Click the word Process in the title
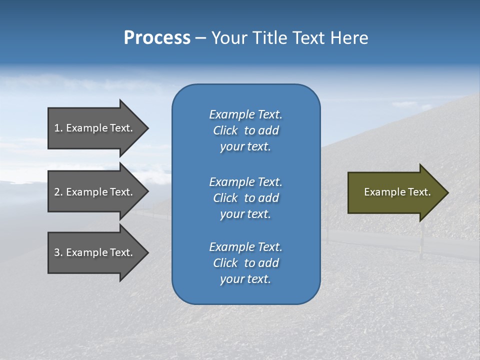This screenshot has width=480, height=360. click(x=157, y=38)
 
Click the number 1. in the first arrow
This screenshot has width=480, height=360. click(x=58, y=128)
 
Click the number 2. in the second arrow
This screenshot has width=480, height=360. click(x=58, y=192)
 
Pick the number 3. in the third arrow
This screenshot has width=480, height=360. click(x=58, y=252)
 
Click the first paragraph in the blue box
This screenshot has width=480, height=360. click(x=245, y=130)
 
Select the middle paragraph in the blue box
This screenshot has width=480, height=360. click(x=245, y=198)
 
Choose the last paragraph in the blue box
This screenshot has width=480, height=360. click(x=245, y=263)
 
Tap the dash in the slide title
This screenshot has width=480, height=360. click(x=201, y=38)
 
